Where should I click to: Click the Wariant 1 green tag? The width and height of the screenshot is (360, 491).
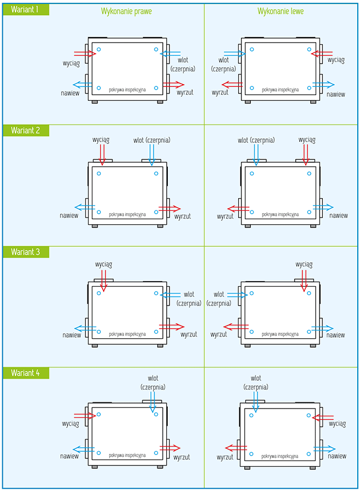point(25,9)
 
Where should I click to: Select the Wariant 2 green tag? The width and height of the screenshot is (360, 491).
point(25,130)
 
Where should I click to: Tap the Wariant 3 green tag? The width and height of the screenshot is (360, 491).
point(25,252)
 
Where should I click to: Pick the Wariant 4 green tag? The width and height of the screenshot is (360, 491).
point(25,373)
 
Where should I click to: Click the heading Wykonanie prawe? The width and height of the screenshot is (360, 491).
point(126,11)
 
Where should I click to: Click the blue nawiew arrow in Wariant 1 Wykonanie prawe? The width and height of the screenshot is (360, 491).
point(83,85)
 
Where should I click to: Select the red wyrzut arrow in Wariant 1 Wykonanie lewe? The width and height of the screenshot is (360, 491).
point(233,85)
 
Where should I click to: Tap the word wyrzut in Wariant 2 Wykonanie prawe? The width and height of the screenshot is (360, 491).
point(182,216)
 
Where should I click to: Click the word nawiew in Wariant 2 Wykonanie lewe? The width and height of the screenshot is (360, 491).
point(338,216)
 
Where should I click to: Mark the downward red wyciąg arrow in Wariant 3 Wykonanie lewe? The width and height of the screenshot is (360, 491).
point(304,280)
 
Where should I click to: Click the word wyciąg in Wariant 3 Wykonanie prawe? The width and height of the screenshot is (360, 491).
point(104,265)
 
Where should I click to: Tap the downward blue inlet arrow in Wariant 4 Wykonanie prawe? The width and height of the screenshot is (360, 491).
point(153,402)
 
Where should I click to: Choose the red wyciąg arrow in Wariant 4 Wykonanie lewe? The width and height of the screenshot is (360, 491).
point(323,416)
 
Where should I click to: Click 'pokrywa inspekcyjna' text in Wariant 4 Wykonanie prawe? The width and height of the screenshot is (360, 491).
point(127,455)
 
